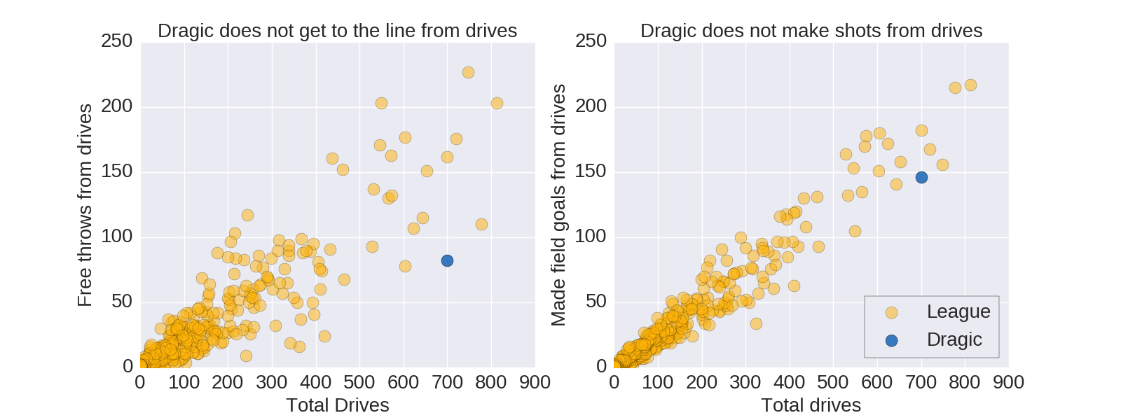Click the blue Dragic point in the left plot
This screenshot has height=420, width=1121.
pos(447,261)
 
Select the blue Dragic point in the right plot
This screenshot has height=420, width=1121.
pos(921,178)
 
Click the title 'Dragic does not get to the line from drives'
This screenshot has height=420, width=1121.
pos(337,31)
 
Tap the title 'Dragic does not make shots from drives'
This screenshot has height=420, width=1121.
pos(811,31)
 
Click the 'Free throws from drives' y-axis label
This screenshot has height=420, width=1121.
pos(85,205)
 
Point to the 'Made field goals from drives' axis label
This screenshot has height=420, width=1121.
pos(558,205)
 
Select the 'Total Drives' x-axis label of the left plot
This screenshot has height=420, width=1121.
pos(337,405)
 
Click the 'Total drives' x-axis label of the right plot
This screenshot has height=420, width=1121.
pos(811,405)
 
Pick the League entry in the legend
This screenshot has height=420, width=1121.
pos(958,311)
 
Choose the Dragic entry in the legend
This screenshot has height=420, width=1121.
pos(954,339)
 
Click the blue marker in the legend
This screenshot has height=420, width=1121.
pos(891,340)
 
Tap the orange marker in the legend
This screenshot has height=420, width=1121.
pos(891,312)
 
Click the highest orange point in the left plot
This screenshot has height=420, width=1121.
pos(468,73)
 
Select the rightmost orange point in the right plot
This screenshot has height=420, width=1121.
pos(970,85)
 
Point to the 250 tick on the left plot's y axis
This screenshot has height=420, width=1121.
pos(116,41)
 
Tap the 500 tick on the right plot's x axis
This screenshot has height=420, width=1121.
pos(833,382)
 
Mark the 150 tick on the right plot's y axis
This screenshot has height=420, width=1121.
pos(591,171)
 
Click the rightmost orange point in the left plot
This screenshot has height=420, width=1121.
pos(497,104)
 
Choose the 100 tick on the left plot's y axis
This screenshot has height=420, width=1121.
pos(116,237)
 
